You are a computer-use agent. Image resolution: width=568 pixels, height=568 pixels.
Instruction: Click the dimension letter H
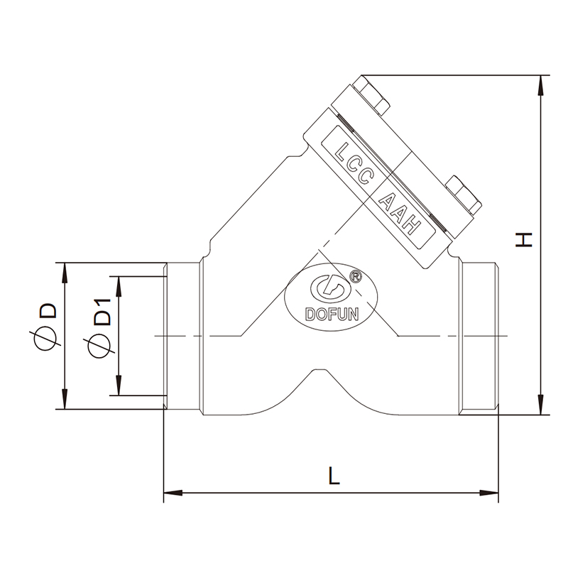pos(523,240)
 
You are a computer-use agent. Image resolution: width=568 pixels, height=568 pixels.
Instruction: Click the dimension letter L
pos(334,476)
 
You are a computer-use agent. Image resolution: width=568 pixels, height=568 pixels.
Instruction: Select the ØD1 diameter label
pos(99,328)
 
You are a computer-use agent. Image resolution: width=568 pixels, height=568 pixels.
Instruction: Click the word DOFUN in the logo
pos(332,315)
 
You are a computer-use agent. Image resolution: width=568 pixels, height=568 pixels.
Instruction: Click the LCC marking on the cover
pos(354,163)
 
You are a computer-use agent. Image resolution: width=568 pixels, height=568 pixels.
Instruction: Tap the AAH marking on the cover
pos(400,214)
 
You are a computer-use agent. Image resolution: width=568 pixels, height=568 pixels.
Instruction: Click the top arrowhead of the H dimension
pos(541,85)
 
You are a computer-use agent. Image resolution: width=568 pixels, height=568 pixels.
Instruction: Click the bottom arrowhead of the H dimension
pos(541,405)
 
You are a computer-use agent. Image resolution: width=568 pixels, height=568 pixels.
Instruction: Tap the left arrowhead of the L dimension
pos(173,493)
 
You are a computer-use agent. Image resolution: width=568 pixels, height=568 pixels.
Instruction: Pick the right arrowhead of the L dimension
pos(489,493)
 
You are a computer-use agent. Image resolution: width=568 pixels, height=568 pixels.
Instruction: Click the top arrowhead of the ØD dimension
pos(65,273)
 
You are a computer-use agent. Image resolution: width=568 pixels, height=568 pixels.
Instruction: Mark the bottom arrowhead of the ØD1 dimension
pos(118,386)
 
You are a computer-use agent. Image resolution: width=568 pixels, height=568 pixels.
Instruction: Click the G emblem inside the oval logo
pos(328,289)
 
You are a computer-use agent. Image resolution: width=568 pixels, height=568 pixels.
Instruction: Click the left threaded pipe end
pos(183,336)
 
